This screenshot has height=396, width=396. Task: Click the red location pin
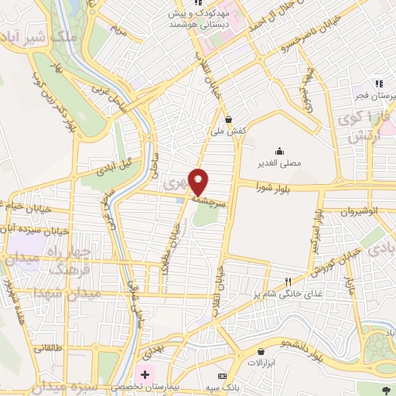point(200,182)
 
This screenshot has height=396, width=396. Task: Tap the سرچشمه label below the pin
point(208,200)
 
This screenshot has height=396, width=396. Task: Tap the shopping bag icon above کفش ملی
point(230,119)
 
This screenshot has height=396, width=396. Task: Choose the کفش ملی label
point(231,131)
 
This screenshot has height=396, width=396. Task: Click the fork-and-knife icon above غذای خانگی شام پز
point(288,282)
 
